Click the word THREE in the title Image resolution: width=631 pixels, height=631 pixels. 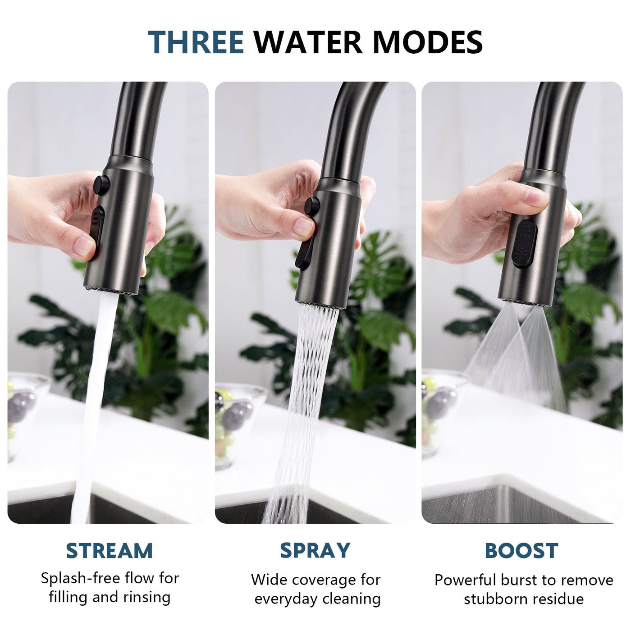[196, 42]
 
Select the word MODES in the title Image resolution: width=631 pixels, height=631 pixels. [427, 42]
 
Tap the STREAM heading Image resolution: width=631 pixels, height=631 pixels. [109, 551]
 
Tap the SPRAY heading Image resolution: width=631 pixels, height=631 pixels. [315, 550]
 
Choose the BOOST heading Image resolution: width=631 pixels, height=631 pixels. [521, 551]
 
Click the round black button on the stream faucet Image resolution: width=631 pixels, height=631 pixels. [101, 185]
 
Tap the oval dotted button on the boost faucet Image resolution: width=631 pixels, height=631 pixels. [525, 243]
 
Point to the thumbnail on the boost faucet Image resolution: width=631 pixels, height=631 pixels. [536, 197]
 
